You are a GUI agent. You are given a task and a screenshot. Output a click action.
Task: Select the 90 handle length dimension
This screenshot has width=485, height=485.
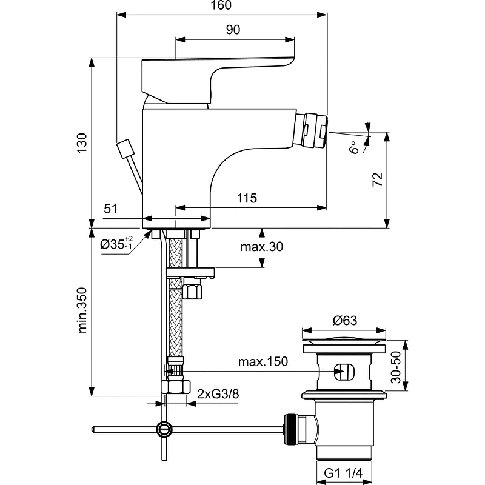tap(233, 30)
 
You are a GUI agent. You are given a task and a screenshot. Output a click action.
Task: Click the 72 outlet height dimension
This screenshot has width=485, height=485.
tap(377, 179)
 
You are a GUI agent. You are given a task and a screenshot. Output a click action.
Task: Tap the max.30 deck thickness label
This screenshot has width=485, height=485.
tap(261, 247)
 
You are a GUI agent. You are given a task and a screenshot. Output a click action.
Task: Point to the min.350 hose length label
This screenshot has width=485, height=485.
tap(83, 310)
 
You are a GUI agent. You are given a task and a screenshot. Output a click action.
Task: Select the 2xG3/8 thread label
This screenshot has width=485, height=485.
tap(218, 394)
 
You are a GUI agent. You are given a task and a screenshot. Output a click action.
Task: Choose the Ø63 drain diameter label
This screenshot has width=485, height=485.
tap(344, 321)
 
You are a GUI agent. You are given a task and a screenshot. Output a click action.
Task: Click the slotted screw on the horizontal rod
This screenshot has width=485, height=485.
tap(164, 429)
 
